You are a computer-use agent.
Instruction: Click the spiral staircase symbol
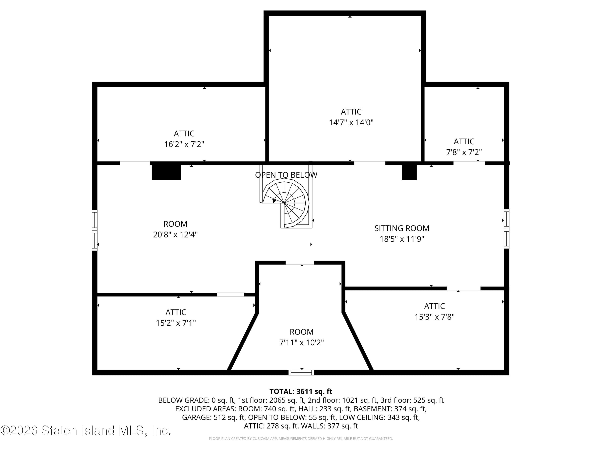tap(286, 204)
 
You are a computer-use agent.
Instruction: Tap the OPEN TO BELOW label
tap(286, 175)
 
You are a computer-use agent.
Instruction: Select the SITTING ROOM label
tap(402, 228)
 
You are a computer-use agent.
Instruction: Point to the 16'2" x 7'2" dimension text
tap(184, 144)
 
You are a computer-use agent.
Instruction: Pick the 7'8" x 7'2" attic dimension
tap(464, 152)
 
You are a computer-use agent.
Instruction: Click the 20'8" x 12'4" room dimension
tap(175, 234)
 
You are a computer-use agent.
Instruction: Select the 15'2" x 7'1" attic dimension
tap(176, 323)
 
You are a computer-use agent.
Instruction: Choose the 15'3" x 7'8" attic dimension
tap(434, 317)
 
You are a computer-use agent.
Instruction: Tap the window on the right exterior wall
tap(506, 229)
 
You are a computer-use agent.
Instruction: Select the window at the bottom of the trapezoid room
tap(301, 372)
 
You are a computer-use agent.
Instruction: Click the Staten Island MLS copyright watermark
tap(85, 430)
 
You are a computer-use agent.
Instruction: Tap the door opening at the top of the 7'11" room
tap(300, 263)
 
